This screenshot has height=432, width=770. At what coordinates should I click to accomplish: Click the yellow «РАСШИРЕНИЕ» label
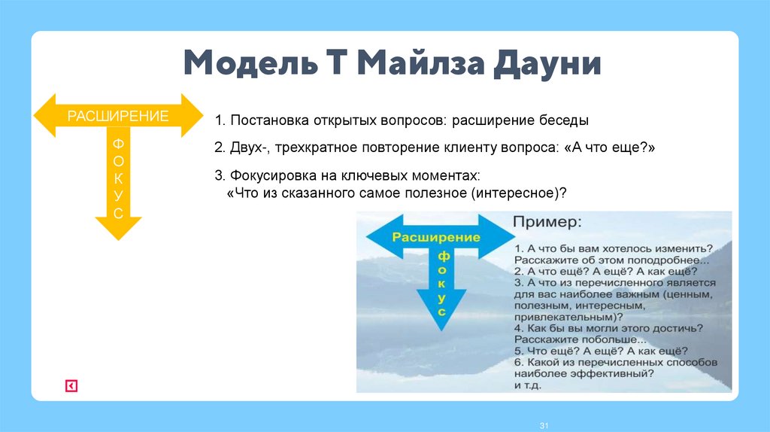118,116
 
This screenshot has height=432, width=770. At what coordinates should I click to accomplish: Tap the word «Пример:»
547,224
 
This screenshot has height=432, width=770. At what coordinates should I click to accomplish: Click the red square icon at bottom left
71,386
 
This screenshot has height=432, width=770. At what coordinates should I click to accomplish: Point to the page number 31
544,427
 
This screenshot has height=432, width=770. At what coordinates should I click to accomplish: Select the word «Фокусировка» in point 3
265,175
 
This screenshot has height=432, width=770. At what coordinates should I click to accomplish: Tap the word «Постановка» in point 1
265,120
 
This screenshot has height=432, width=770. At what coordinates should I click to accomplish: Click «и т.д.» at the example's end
528,385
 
